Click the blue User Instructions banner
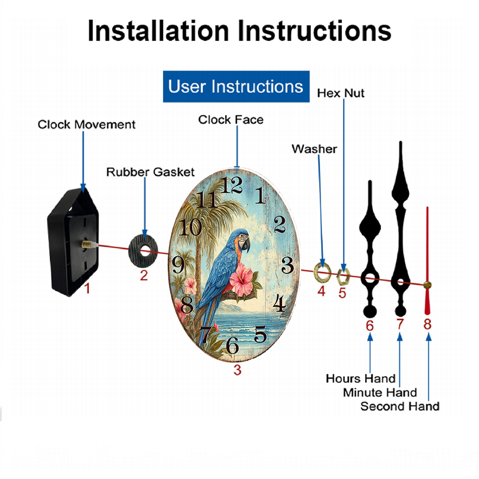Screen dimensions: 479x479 click(236, 86)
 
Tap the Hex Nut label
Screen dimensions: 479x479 click(341, 93)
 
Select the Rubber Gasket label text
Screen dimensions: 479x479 click(150, 172)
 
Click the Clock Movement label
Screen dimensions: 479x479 click(86, 125)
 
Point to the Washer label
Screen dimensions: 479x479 click(314, 149)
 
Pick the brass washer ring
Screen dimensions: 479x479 click(322, 272)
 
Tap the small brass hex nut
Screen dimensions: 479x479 click(343, 276)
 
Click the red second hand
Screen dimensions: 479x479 click(427, 261)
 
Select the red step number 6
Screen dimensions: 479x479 click(370, 326)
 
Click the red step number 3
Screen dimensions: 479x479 click(238, 370)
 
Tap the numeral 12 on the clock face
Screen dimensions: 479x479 click(231, 185)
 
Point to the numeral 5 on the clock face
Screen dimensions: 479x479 click(260, 334)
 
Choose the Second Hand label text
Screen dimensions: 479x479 click(400, 406)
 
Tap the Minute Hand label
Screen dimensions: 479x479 click(380, 392)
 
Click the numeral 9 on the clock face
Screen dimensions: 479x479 click(178, 264)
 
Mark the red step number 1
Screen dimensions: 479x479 click(87, 288)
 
